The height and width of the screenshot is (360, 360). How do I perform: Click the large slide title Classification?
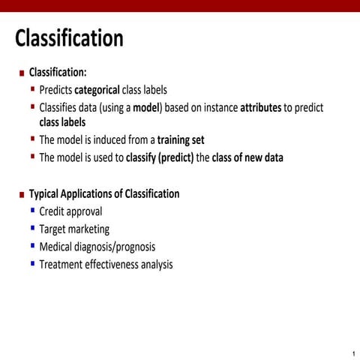click(x=69, y=37)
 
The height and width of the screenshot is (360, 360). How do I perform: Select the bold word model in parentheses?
click(x=147, y=108)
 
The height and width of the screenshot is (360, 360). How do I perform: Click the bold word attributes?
click(x=260, y=108)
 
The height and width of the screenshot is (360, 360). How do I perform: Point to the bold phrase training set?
click(x=181, y=140)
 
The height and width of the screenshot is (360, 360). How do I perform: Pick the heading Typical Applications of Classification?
click(x=104, y=193)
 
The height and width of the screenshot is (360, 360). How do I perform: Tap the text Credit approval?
click(x=70, y=211)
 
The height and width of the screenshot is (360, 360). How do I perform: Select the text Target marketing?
click(x=74, y=229)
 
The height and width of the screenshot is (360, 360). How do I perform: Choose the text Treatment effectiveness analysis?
click(x=106, y=265)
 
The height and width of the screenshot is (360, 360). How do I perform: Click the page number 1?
click(x=352, y=353)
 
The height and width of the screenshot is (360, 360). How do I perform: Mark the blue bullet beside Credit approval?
click(x=33, y=210)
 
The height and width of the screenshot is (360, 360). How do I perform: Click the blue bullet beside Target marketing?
click(x=33, y=228)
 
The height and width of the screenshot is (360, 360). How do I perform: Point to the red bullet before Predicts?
click(x=33, y=88)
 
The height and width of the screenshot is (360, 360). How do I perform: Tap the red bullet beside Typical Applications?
click(x=22, y=194)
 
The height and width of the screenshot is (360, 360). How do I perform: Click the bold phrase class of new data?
click(x=247, y=158)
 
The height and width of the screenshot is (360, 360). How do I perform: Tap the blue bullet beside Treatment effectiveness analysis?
click(x=33, y=263)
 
